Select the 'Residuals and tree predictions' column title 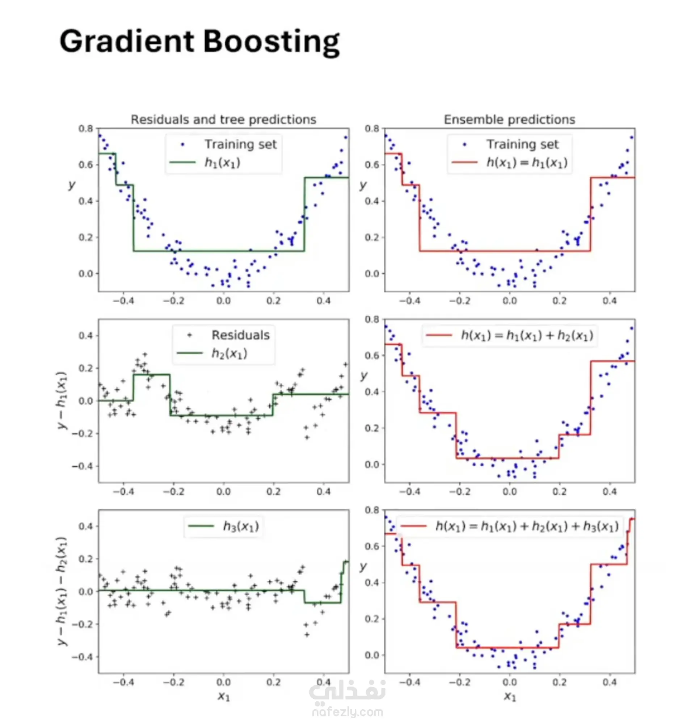[223, 119]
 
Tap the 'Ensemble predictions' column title [509, 119]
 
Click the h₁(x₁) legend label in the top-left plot [222, 162]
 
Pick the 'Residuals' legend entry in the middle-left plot [240, 335]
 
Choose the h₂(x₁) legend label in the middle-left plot [229, 353]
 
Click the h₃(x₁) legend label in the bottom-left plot [241, 526]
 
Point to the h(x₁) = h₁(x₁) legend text [527, 162]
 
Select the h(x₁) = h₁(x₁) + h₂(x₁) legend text [527, 335]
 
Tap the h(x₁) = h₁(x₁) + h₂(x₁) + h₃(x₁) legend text [527, 526]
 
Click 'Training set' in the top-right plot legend [522, 144]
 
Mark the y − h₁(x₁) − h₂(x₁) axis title [62, 591]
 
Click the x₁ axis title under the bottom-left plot [224, 695]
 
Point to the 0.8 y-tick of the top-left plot [86, 129]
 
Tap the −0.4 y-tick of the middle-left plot [83, 466]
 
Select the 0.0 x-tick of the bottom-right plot [509, 682]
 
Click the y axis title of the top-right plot [363, 185]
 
